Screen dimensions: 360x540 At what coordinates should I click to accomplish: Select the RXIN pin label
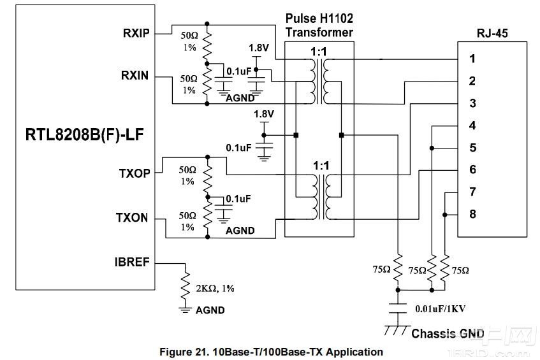tap(135, 76)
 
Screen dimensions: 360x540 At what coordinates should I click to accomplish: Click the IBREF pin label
tap(133, 261)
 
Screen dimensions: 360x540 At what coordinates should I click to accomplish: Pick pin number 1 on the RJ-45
tap(472, 59)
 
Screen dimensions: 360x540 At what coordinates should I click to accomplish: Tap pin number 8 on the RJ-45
tap(472, 214)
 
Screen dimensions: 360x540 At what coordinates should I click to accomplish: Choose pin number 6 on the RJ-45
tap(472, 170)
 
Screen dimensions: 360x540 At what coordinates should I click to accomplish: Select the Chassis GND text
tap(448, 333)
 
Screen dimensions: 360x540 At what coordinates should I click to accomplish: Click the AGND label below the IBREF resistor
tap(210, 310)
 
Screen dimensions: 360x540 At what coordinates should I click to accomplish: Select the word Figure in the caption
tap(175, 352)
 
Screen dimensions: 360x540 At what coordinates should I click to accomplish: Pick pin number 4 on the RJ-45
tap(472, 126)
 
